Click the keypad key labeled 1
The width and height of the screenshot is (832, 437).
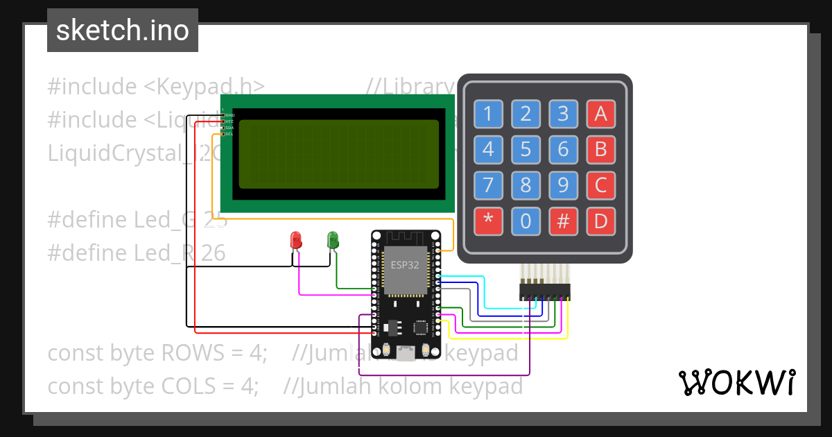(x=488, y=114)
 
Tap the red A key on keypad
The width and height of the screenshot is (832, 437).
(x=600, y=114)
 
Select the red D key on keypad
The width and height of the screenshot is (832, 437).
(x=600, y=221)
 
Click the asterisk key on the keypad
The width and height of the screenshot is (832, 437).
(x=488, y=221)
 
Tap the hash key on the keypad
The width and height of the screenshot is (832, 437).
(x=563, y=221)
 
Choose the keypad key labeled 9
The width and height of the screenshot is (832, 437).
(x=563, y=185)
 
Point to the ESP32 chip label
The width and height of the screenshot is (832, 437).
(x=405, y=265)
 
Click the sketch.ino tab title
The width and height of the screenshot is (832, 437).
(x=123, y=31)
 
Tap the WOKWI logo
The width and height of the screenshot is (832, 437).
(x=736, y=382)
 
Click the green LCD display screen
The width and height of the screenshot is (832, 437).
(x=338, y=154)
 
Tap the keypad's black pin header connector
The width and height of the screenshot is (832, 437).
(x=545, y=291)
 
